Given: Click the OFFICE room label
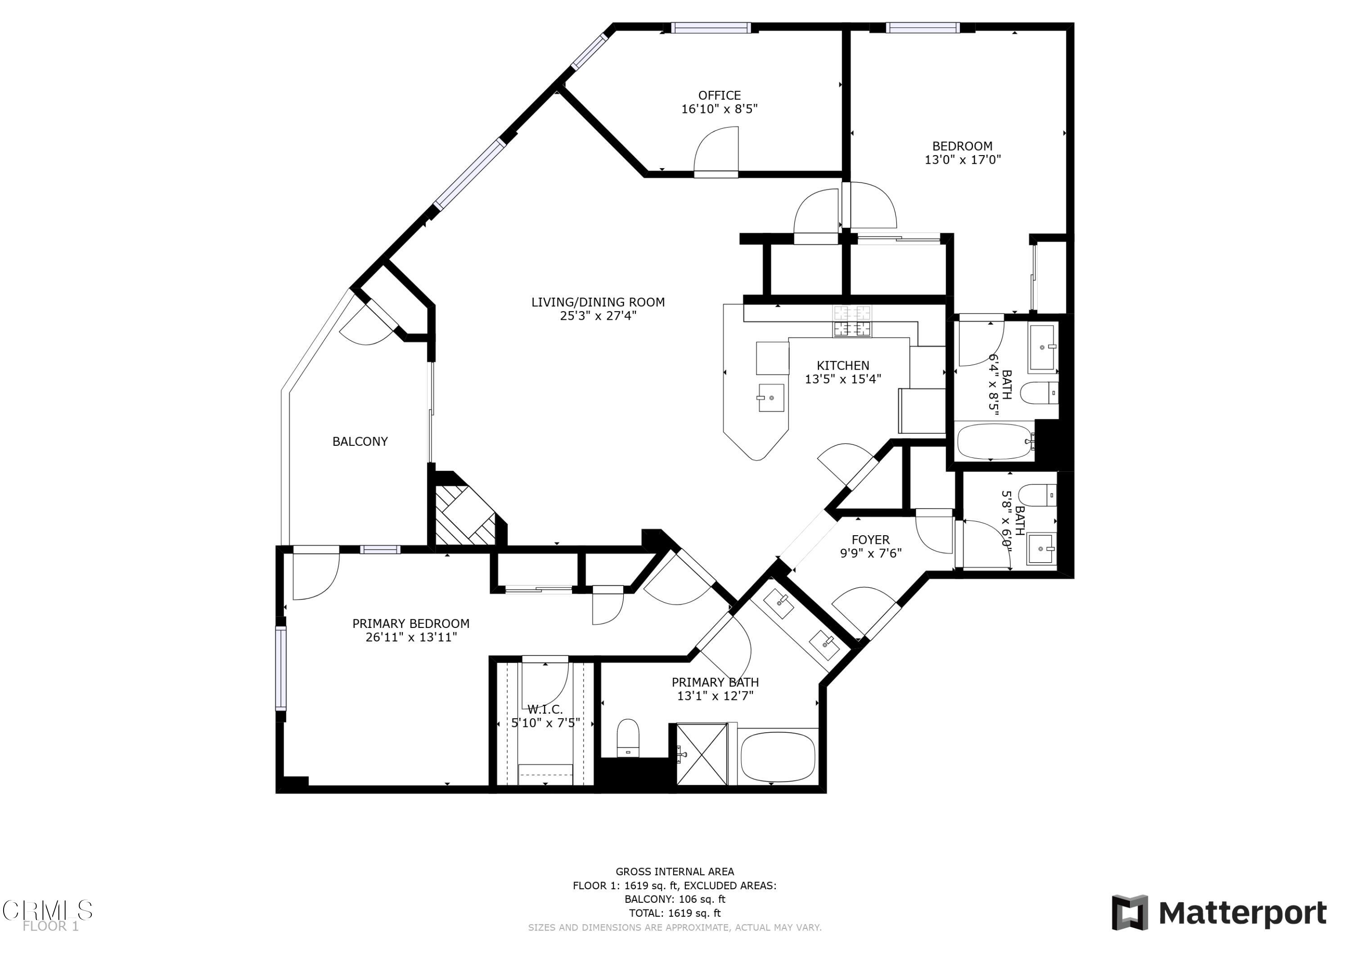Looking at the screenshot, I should (x=719, y=96).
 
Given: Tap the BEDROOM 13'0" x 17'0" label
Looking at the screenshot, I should (x=962, y=146).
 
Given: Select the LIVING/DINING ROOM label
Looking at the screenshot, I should (x=598, y=302).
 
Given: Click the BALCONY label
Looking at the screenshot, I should (x=360, y=441).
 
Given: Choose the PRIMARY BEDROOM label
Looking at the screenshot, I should (x=410, y=624).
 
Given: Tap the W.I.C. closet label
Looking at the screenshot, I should (x=544, y=709).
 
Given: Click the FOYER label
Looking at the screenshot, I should (x=870, y=540).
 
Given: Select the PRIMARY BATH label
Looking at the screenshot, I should (x=715, y=682).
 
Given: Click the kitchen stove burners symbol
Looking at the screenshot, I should (x=851, y=322).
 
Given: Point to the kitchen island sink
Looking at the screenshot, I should (x=771, y=398).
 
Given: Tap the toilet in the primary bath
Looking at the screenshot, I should (x=628, y=738).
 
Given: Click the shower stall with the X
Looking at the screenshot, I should (x=702, y=755).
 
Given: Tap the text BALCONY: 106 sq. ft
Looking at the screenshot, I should (x=675, y=899).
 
